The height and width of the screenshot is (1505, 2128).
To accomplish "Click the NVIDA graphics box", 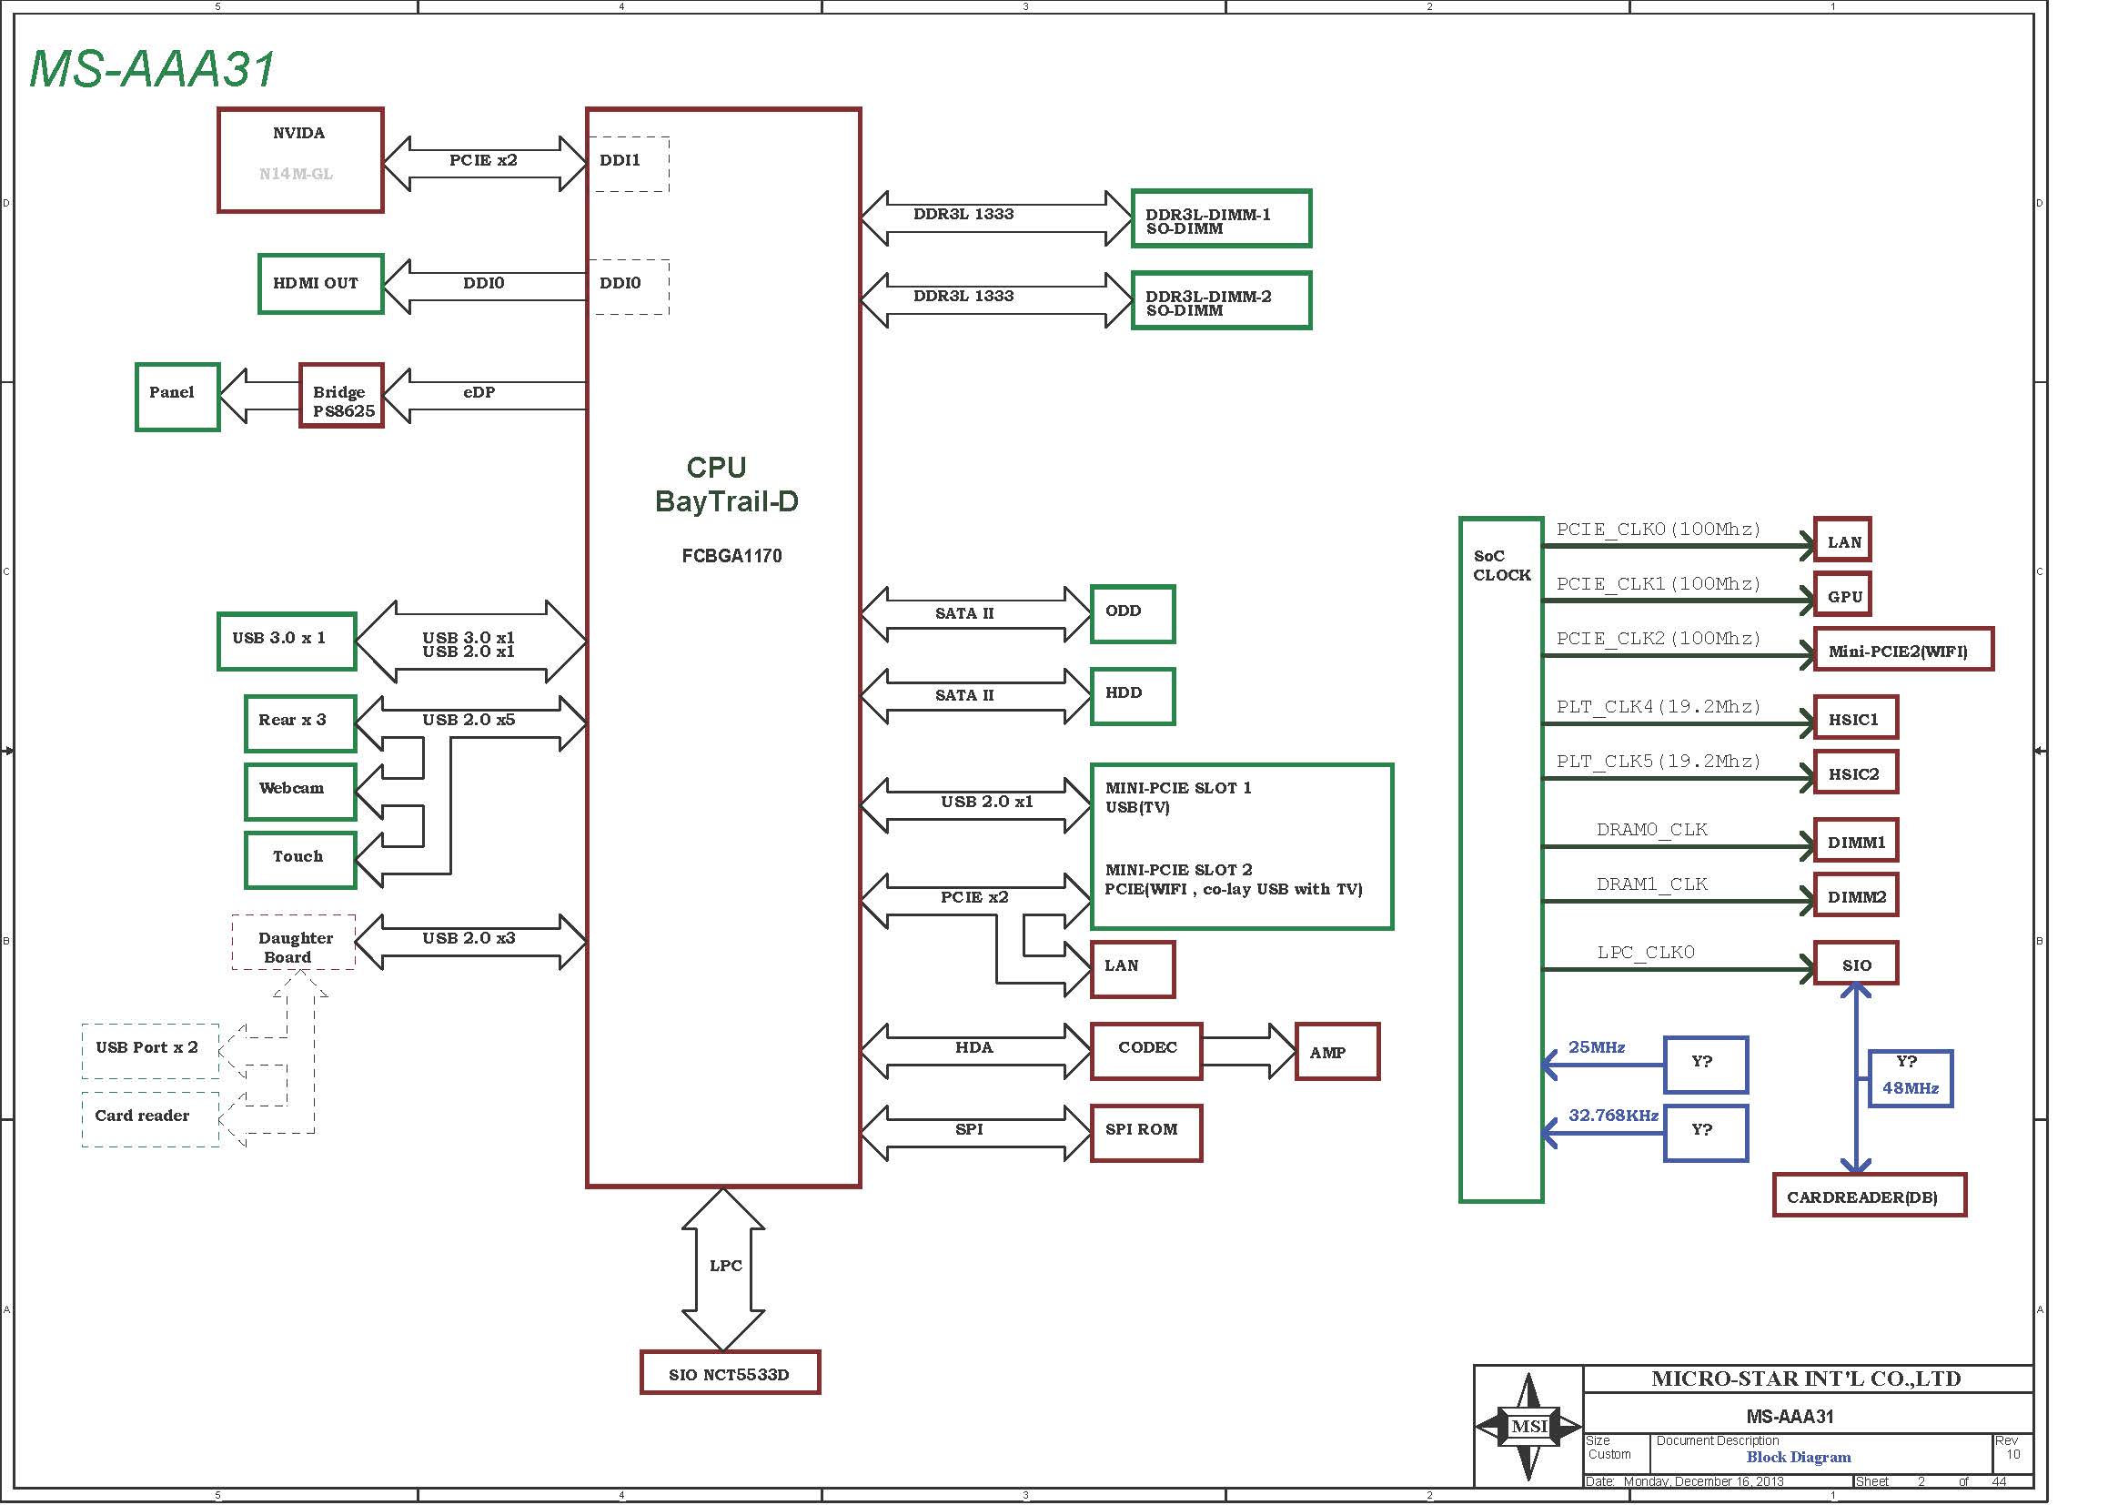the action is coord(300,160).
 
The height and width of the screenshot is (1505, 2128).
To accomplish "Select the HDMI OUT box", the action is coord(320,284).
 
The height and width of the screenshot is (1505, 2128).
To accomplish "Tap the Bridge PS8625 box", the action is coord(341,396).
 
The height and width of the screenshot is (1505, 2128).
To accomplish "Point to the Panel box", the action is coord(177,397).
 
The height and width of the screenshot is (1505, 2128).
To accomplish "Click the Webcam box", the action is coord(300,792).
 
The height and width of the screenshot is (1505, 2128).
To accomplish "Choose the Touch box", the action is coord(300,860).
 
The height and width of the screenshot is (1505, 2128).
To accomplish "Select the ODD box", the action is coord(1133,613).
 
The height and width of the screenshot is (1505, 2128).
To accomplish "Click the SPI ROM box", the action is coord(1146,1133).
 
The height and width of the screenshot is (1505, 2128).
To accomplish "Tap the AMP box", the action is coord(1337,1051).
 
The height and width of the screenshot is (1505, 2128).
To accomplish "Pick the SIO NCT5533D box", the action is coord(731,1371).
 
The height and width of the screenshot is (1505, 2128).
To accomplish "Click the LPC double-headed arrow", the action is coord(723,1268).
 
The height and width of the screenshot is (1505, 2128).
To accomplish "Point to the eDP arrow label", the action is coord(479,392).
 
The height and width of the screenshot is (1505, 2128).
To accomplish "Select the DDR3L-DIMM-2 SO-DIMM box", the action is coord(1222,300).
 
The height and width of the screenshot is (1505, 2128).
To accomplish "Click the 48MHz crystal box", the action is coord(1911,1077).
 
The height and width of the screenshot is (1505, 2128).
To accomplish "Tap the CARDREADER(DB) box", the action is coord(1869,1195).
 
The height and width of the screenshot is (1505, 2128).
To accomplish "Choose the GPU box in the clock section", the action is coord(1841,596).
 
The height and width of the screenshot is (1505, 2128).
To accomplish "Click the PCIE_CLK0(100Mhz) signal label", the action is coord(1659,530).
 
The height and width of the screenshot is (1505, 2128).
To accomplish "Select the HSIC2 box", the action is coord(1855,773).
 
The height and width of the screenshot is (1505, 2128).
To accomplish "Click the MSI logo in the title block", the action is coord(1528,1426).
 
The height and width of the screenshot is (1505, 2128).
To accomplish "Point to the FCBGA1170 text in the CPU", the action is coord(731,556).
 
